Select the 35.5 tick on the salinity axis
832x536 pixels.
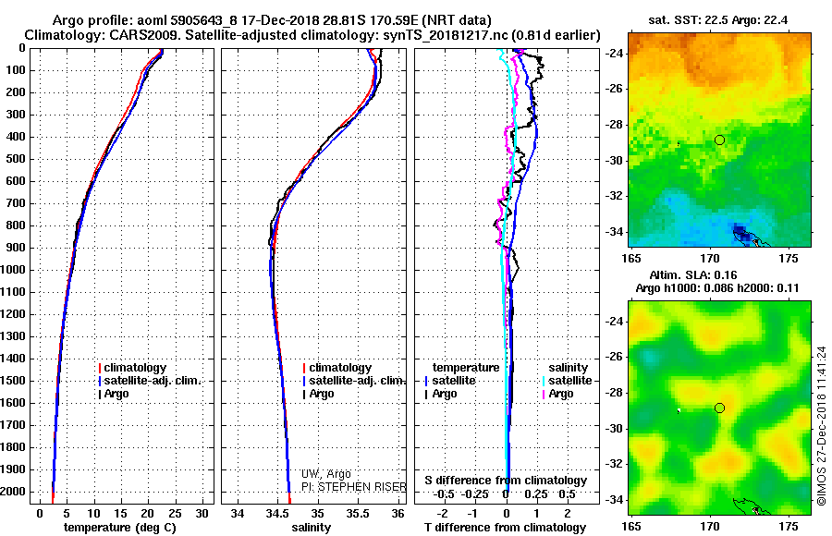(358, 513)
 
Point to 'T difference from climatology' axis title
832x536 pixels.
(506, 527)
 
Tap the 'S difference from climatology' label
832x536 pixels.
(506, 481)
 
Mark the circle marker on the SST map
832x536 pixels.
(719, 140)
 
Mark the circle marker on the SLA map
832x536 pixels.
(719, 408)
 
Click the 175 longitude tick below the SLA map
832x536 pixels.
(791, 524)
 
